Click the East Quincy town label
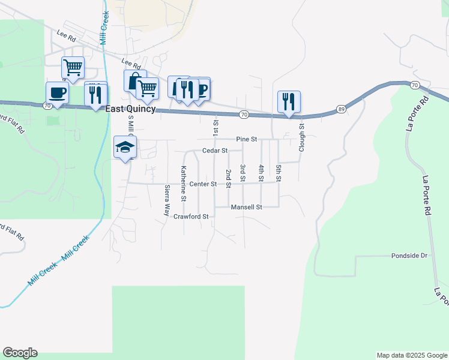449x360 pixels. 130,109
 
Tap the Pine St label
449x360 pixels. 246,139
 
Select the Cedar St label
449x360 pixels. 215,151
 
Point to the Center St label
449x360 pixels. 202,184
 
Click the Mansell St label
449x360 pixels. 247,207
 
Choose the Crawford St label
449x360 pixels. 190,216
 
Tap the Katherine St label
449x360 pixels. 184,184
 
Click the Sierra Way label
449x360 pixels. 167,200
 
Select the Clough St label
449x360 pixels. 302,138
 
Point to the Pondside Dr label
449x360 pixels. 409,255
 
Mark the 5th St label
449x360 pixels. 279,173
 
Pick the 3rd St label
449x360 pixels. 243,173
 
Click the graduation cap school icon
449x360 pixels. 125,147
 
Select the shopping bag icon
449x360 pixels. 133,81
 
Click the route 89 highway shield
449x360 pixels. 341,109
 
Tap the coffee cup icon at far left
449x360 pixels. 57,92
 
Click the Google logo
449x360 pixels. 20,353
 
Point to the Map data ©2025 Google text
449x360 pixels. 411,355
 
